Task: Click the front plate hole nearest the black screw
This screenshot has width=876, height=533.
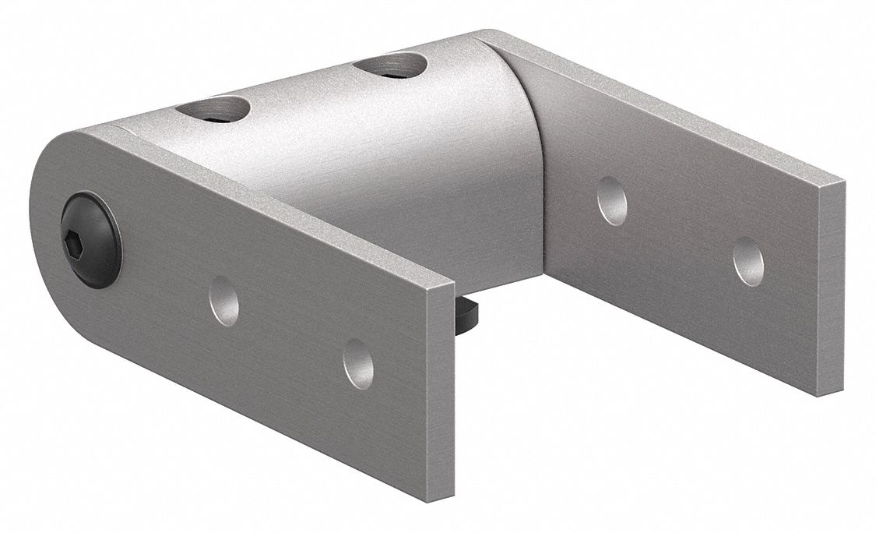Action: [224, 301]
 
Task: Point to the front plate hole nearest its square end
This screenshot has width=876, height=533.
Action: [358, 363]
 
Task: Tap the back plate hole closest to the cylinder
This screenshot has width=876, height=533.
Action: [611, 200]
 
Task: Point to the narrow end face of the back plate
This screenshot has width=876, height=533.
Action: [832, 288]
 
